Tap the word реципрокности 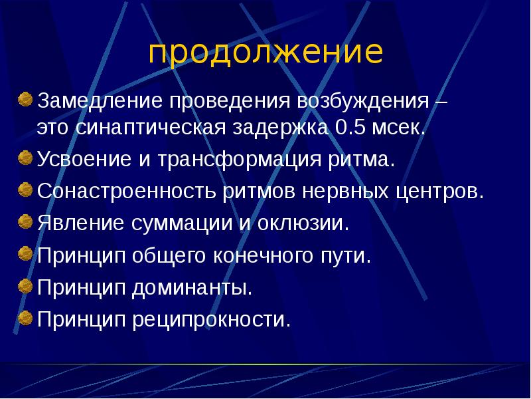click(212, 320)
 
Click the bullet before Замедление click(24, 100)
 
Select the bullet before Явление click(24, 221)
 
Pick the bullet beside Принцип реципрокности click(24, 318)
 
